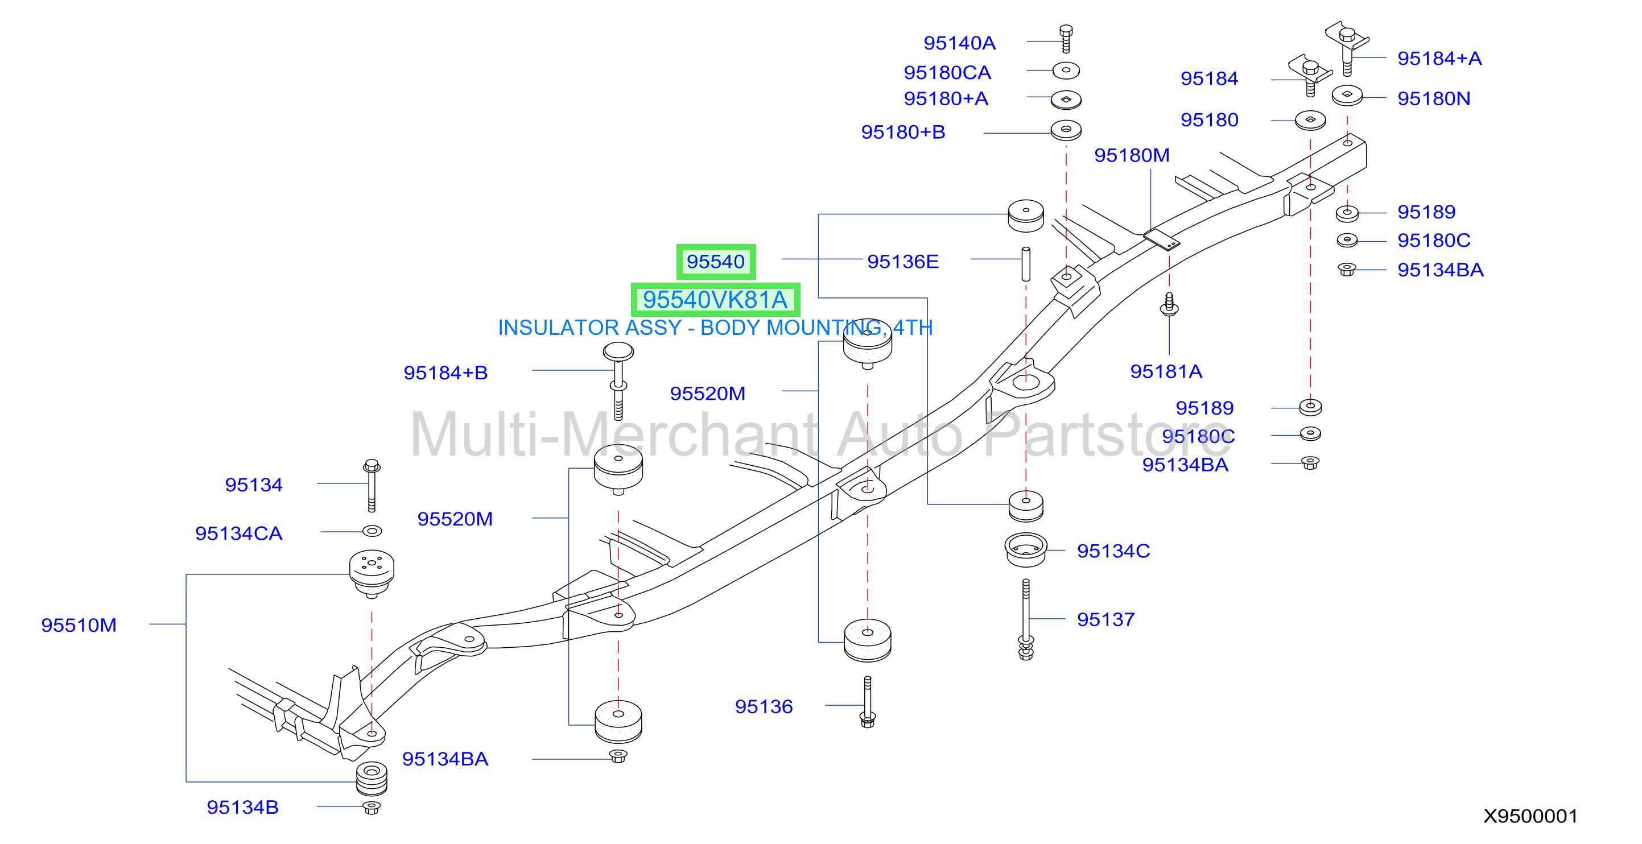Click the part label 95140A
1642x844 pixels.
pos(959,43)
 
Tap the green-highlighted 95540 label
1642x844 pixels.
pos(716,261)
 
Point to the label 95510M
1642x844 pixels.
pos(79,625)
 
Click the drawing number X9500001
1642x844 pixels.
pos(1530,816)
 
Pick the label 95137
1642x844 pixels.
pos(1105,619)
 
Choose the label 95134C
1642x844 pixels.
pos(1113,551)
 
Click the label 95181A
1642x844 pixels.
pos(1166,371)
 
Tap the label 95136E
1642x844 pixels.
pos(902,261)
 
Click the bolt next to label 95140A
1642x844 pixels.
pos(1066,39)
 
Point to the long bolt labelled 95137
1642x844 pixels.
pos(1026,619)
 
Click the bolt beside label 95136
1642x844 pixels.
pos(868,702)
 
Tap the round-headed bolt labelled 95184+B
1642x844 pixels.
pos(618,381)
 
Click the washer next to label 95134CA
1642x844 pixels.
pos(372,531)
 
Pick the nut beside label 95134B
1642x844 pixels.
pos(372,808)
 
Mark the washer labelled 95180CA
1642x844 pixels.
pos(1066,70)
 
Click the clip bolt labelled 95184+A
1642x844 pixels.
pos(1347,48)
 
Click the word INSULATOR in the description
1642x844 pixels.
pos(558,328)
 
